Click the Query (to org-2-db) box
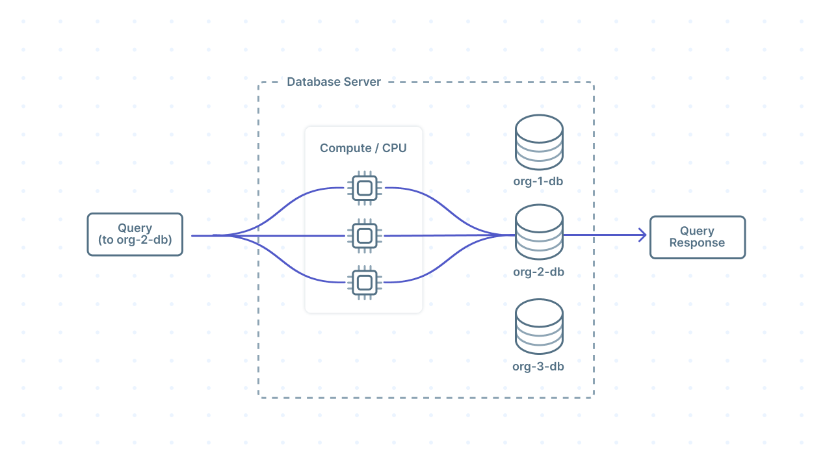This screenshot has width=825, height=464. click(135, 235)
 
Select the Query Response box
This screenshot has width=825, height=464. click(697, 237)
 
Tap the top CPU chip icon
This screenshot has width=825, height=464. click(365, 188)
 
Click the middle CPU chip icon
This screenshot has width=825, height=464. click(365, 235)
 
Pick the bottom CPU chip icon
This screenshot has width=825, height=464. click(365, 282)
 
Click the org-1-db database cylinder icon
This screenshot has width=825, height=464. click(538, 142)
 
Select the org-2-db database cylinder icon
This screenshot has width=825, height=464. click(538, 233)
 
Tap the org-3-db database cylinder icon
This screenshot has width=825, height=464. click(538, 328)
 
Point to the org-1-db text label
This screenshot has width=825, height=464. click(538, 181)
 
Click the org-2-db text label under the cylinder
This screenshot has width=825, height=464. click(538, 272)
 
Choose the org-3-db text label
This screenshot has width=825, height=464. click(538, 367)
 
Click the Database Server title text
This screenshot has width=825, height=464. click(334, 82)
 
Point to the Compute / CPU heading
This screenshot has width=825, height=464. click(363, 148)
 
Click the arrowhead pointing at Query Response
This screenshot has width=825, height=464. click(642, 235)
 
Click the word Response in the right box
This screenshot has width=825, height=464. click(697, 243)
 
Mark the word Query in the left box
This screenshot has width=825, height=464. click(135, 228)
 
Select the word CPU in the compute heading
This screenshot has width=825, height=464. click(394, 148)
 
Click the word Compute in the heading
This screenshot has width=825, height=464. click(345, 148)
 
